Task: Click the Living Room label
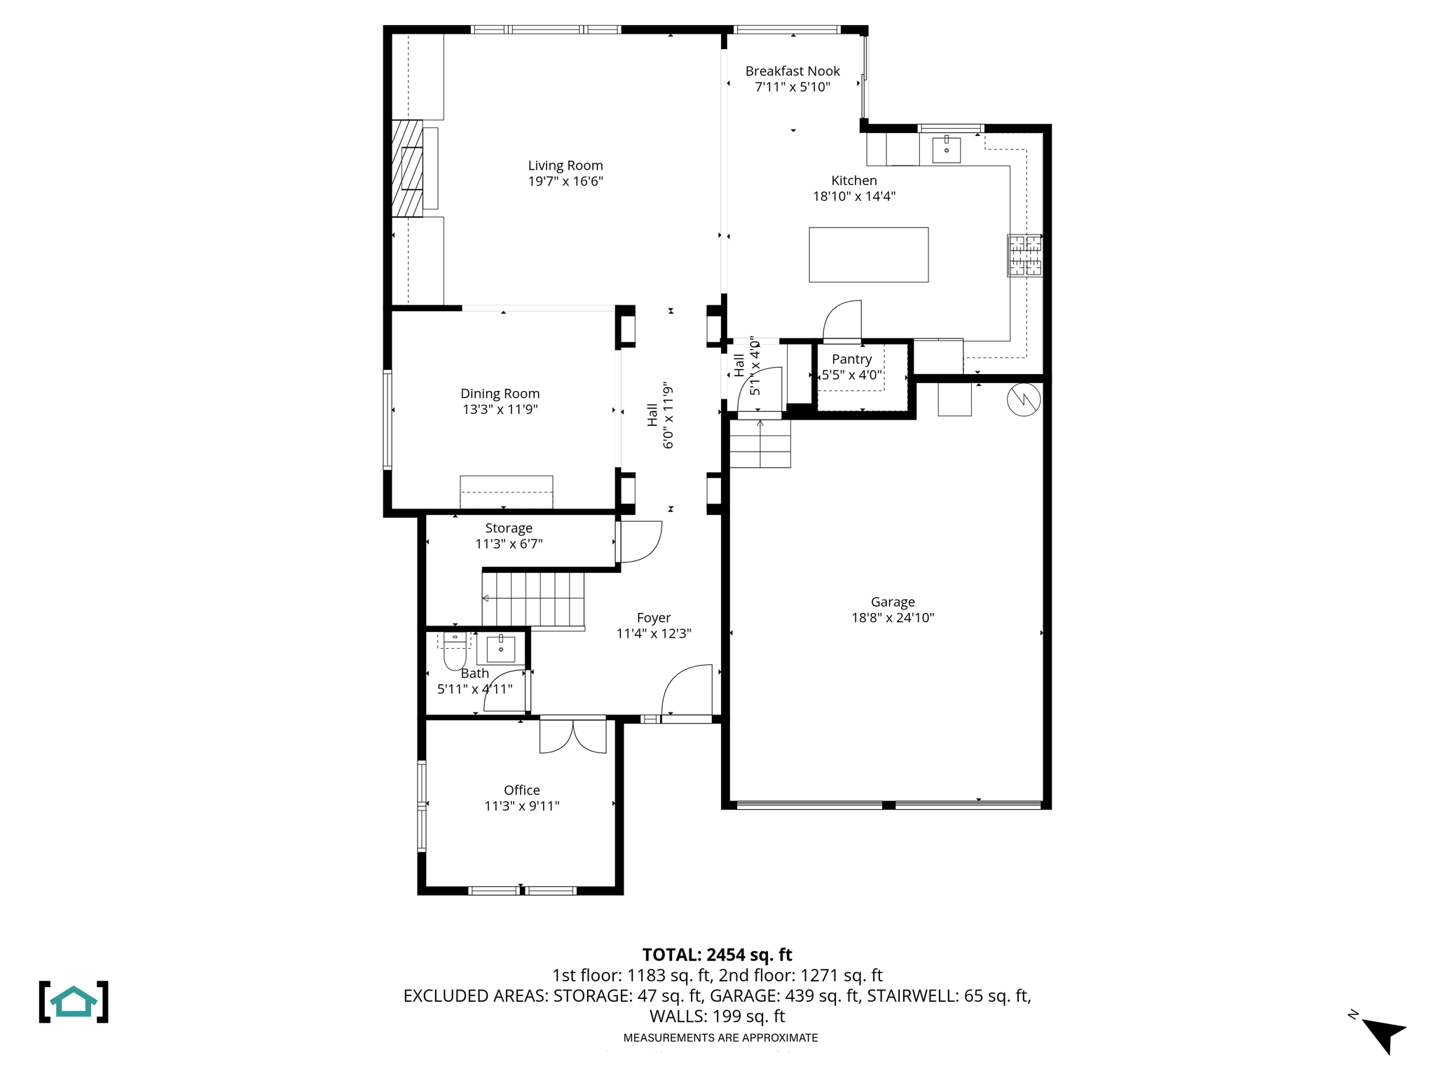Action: coord(565,165)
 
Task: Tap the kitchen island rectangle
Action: coord(868,254)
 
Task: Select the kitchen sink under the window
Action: coord(946,149)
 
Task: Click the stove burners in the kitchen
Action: coord(1024,255)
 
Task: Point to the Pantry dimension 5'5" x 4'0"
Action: coord(851,375)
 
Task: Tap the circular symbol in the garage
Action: coord(1023,400)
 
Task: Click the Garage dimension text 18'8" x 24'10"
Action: coord(893,617)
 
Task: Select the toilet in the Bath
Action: coord(455,652)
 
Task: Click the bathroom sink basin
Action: coord(500,649)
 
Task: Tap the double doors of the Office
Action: coord(572,736)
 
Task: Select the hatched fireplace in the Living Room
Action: coord(407,168)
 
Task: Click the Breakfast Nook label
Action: coord(792,71)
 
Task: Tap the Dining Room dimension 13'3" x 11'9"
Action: coord(500,409)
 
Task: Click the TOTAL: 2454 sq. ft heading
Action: coord(717,954)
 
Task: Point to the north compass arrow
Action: coord(1383,1033)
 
